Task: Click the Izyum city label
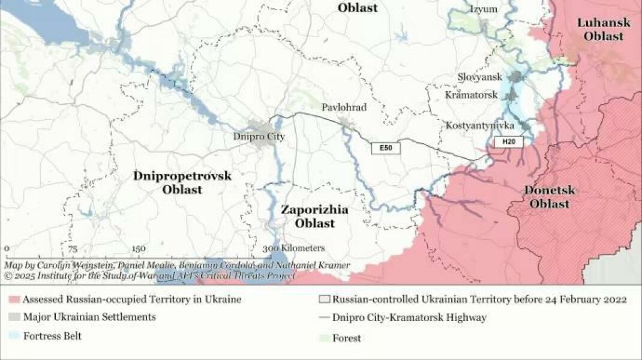point(484,9)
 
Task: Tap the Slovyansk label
point(480,77)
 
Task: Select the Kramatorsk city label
point(471,95)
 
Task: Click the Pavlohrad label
point(344,107)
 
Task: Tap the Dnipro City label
point(259,137)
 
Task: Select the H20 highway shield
point(509,142)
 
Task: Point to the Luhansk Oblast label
point(604,29)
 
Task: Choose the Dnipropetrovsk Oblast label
point(182,182)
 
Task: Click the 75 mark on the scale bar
point(73,249)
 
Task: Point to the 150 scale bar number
point(139,249)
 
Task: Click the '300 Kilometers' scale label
point(293,248)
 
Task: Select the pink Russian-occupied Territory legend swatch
point(14,299)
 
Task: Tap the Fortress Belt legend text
point(52,336)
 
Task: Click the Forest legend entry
point(347,338)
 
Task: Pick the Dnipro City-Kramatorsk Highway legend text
point(410,317)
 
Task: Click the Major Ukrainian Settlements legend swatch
point(14,317)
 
